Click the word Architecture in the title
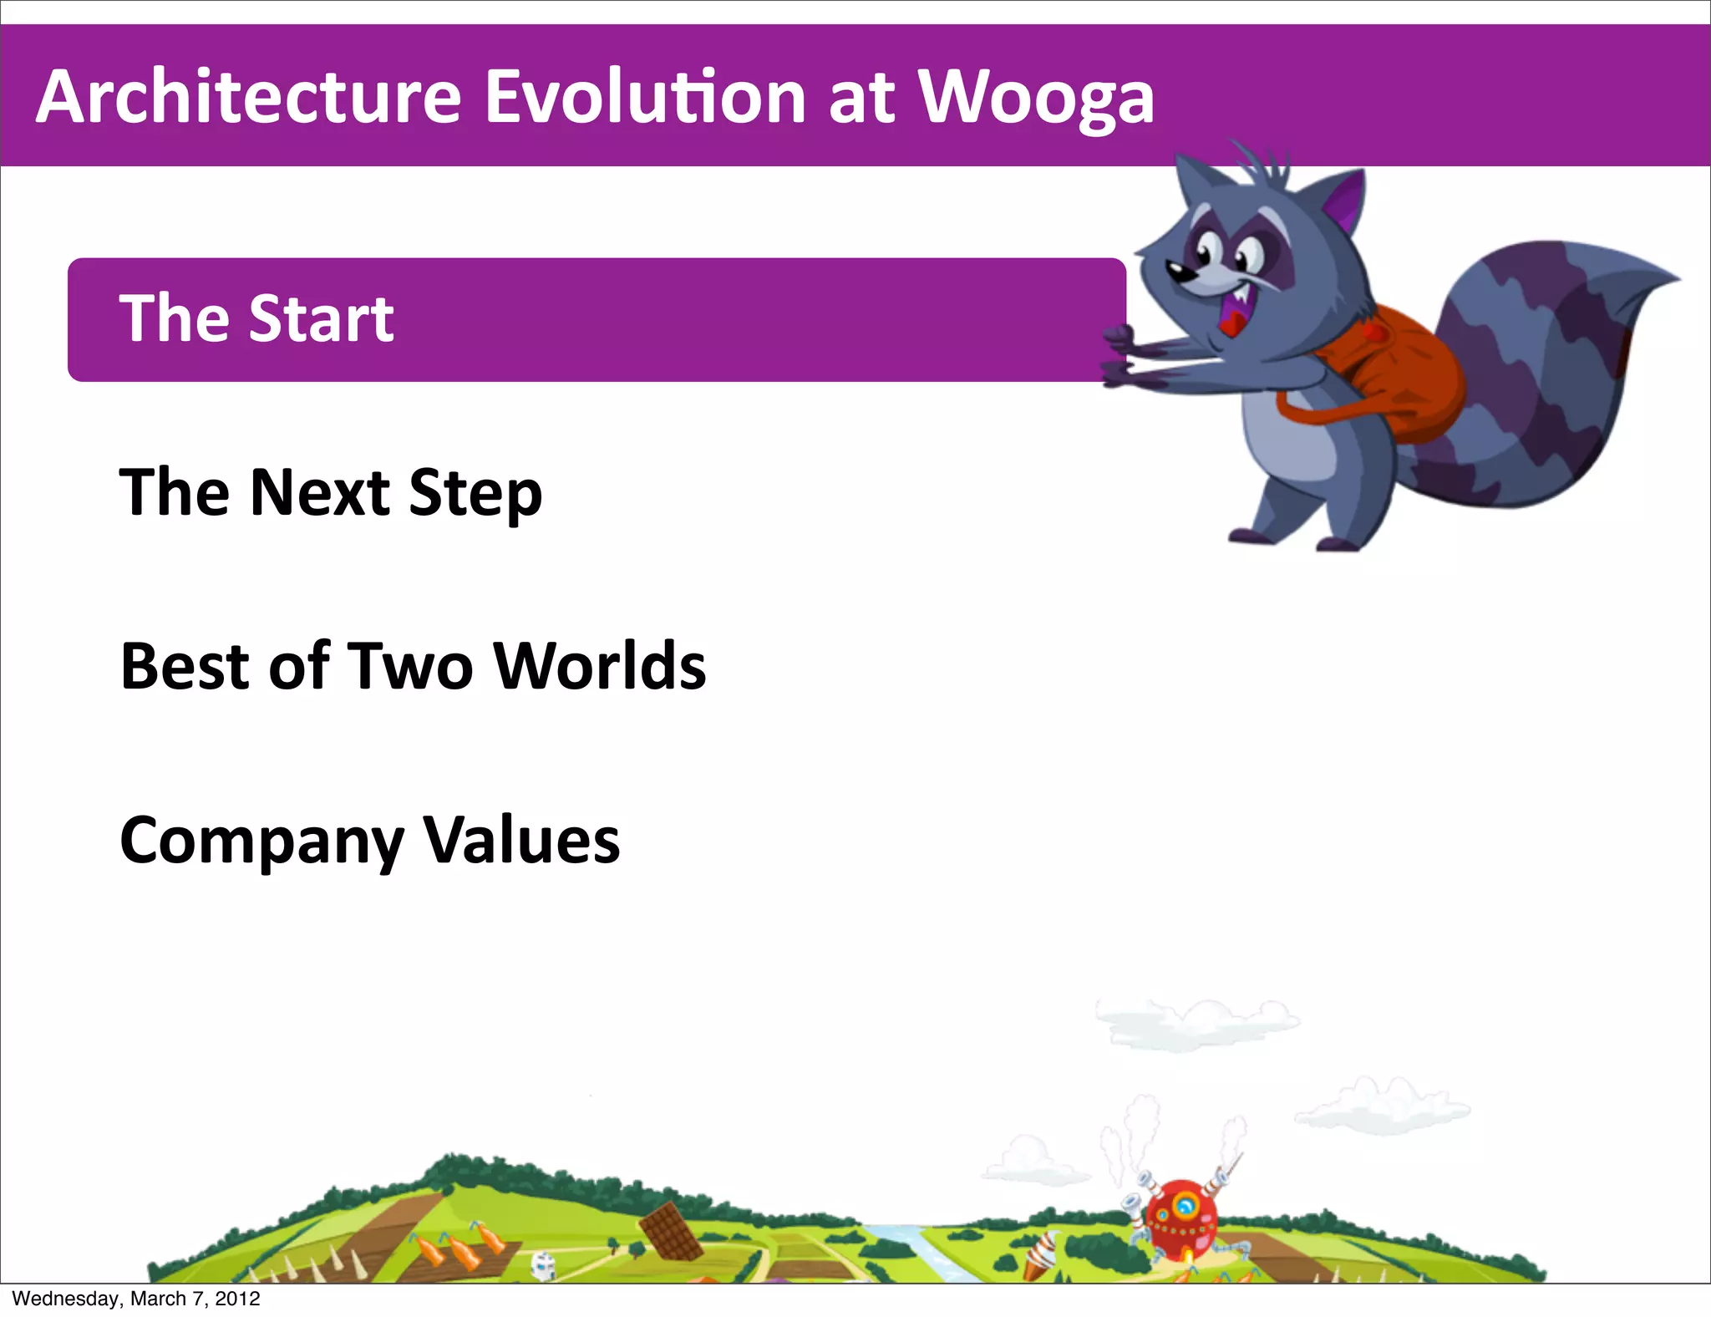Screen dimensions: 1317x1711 tap(248, 98)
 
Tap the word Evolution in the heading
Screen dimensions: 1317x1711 tap(645, 98)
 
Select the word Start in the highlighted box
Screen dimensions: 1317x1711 tap(322, 319)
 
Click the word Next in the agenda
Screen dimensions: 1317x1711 tap(320, 492)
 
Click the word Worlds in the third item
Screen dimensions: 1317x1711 tap(600, 666)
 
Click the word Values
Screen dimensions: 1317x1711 tap(522, 840)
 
